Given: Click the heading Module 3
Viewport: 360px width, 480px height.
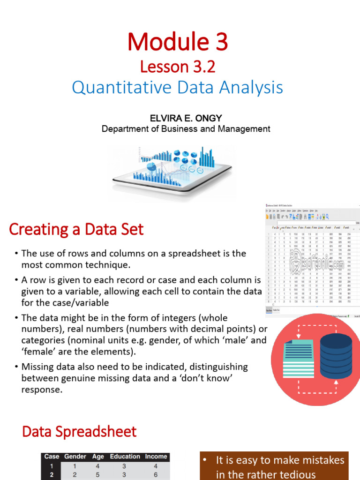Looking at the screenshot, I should [178, 42].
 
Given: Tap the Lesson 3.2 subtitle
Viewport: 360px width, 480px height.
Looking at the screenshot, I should [178, 67].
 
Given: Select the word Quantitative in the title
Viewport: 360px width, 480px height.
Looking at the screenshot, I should [117, 88].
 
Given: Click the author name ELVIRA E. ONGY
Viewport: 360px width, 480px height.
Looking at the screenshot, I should [186, 118].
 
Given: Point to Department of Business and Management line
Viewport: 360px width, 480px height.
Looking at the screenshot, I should [186, 129].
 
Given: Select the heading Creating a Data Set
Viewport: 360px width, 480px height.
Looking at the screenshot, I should [76, 230].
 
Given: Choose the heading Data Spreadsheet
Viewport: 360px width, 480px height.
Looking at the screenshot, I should [79, 432].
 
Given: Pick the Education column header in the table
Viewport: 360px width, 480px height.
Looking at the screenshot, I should [125, 456].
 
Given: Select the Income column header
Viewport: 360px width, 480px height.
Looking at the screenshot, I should [156, 456].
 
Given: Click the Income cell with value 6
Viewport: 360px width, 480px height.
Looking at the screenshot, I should [156, 475].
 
